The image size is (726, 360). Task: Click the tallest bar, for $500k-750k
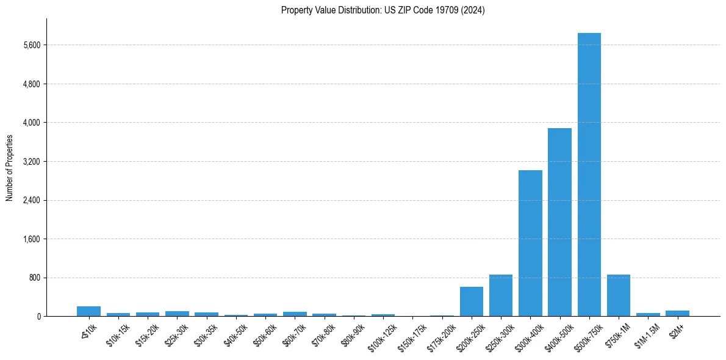pyautogui.click(x=589, y=175)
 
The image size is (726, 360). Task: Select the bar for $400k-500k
pyautogui.click(x=559, y=222)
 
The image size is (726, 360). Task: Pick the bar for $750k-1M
pyautogui.click(x=618, y=295)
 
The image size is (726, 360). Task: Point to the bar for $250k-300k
pyautogui.click(x=500, y=295)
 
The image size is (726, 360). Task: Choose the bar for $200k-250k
pyautogui.click(x=471, y=301)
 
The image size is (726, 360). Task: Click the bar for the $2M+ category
pyautogui.click(x=677, y=313)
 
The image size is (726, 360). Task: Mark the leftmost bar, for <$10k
pyautogui.click(x=88, y=311)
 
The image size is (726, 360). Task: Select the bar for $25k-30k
pyautogui.click(x=177, y=314)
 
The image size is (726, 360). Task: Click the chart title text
pyautogui.click(x=383, y=10)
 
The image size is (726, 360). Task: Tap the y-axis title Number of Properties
pyautogui.click(x=10, y=168)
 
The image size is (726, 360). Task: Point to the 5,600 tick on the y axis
pyautogui.click(x=31, y=45)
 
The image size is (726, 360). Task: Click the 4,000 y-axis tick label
pyautogui.click(x=31, y=123)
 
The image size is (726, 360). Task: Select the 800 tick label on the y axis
pyautogui.click(x=34, y=278)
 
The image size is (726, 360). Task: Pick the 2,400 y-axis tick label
pyautogui.click(x=31, y=200)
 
